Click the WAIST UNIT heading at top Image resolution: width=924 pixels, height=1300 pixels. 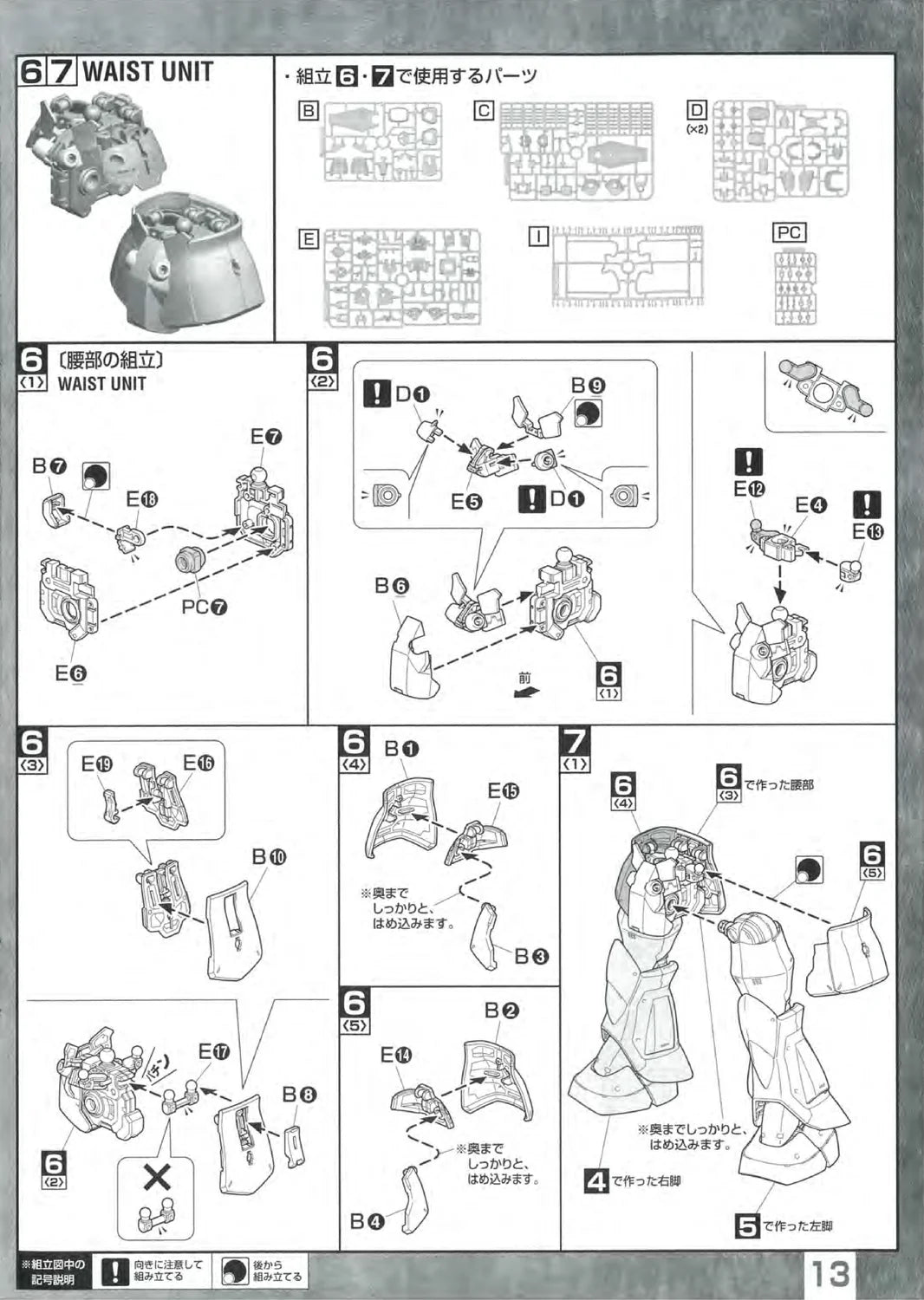pos(147,72)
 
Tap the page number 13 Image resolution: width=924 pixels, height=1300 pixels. pos(830,1273)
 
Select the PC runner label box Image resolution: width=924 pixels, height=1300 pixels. pos(789,233)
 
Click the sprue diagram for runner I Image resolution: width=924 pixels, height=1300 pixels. pos(628,267)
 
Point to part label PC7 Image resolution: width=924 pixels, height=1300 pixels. pos(205,607)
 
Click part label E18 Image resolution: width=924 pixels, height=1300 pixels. pos(142,499)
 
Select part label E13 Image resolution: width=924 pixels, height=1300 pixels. pos(867,532)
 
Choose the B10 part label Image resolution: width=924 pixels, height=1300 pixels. pos(270,856)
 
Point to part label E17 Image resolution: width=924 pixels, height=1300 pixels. pos(214,1051)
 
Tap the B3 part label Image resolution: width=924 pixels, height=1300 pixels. pos(531,956)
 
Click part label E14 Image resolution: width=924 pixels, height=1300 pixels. pos(396,1055)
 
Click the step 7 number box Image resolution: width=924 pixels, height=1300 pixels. pos(576,743)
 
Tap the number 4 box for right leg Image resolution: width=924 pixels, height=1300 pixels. pos(596,1180)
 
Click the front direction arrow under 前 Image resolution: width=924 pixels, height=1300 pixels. pos(523,692)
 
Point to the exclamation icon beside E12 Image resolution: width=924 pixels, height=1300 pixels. pos(748,462)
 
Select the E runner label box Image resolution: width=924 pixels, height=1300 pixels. pos(308,239)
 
